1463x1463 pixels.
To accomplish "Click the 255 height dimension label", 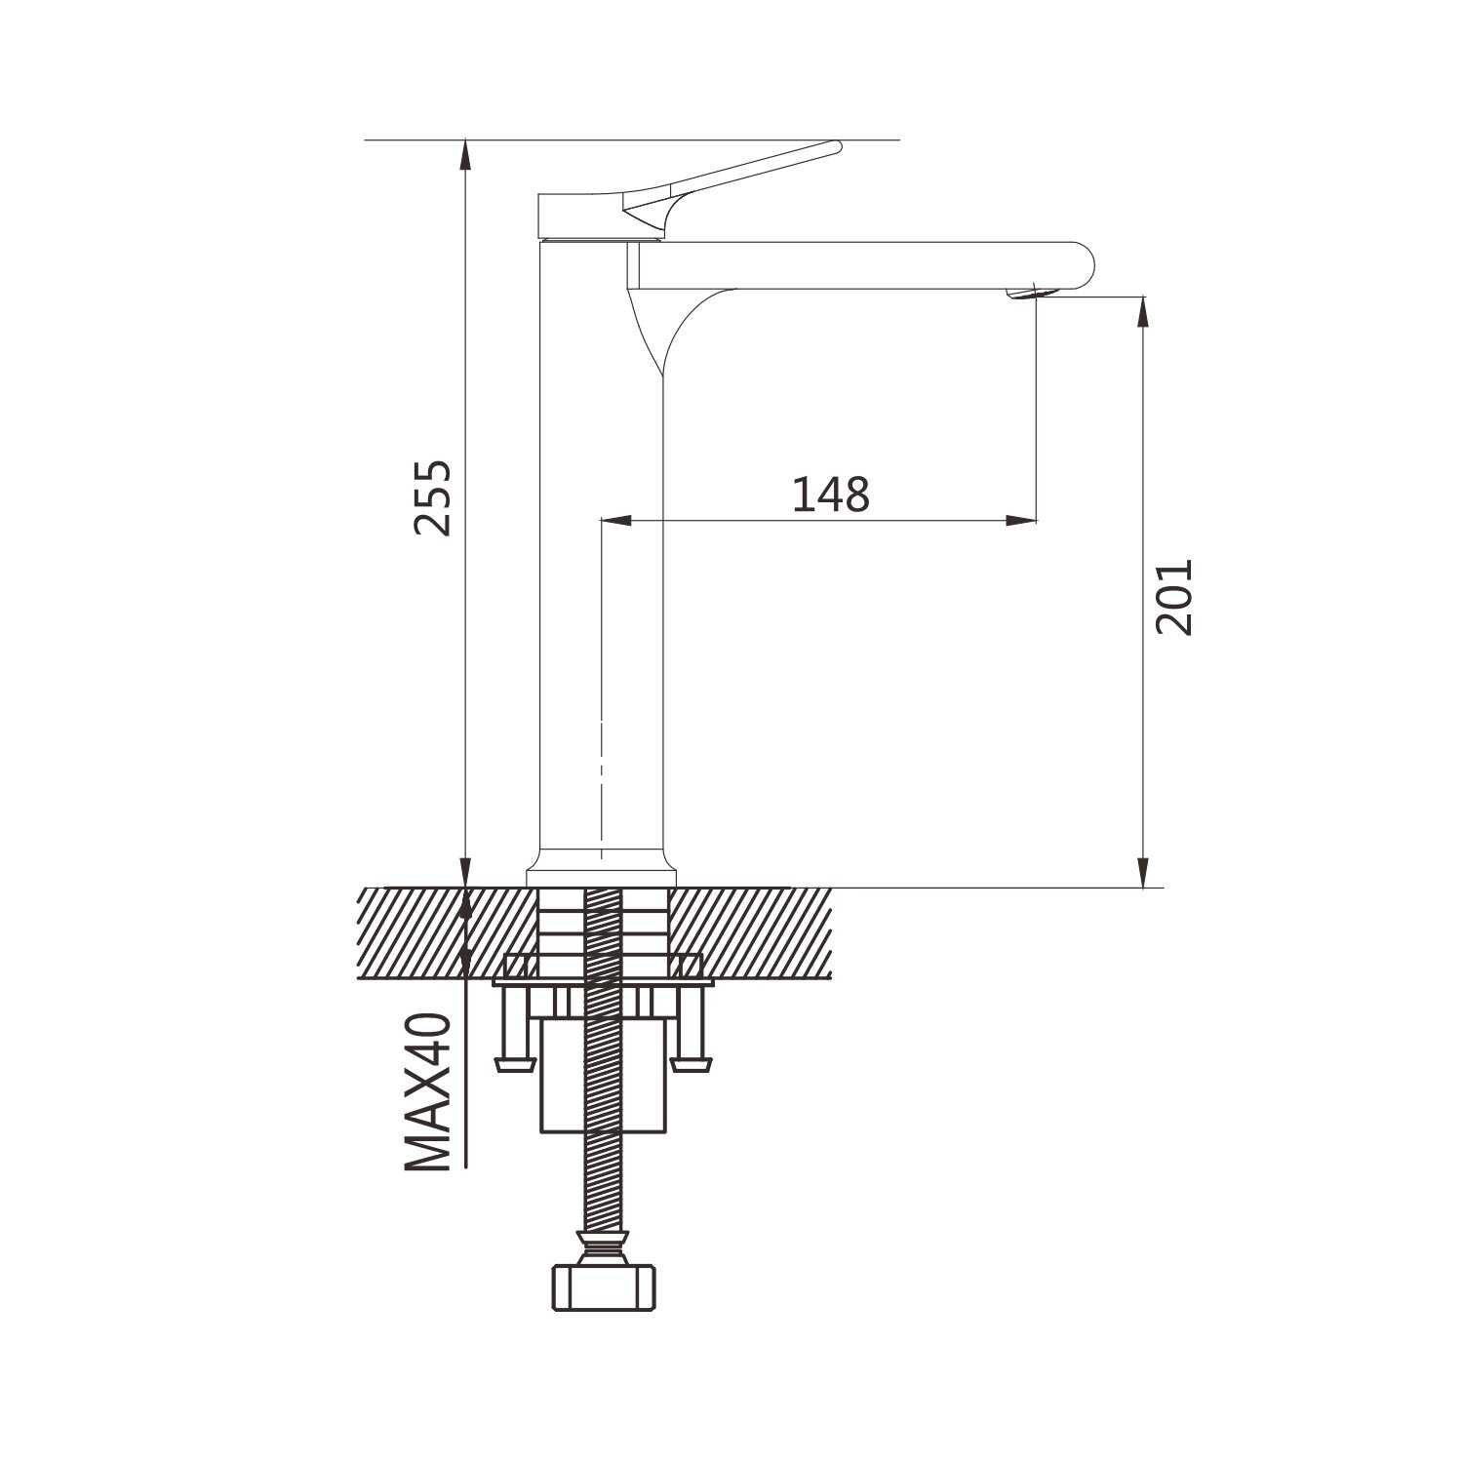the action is click(x=433, y=496).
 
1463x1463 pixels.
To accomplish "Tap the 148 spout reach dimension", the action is click(x=830, y=494).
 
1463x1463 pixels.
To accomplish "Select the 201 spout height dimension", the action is click(x=1173, y=597).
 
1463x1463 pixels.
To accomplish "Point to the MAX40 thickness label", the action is click(x=429, y=1091).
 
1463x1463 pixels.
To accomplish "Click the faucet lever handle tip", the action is click(x=834, y=147).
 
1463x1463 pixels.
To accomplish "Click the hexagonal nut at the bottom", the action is click(x=604, y=1286).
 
